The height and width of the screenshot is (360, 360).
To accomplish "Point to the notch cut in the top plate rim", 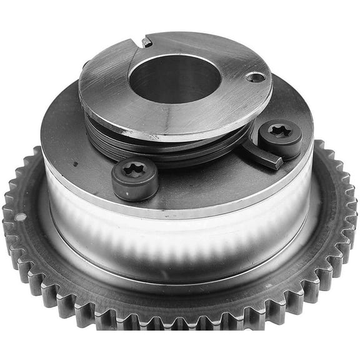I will coord(146,42).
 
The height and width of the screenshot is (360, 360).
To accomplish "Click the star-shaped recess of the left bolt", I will coord(134,169).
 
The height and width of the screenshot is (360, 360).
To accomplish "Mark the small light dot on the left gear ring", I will coord(21,217).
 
